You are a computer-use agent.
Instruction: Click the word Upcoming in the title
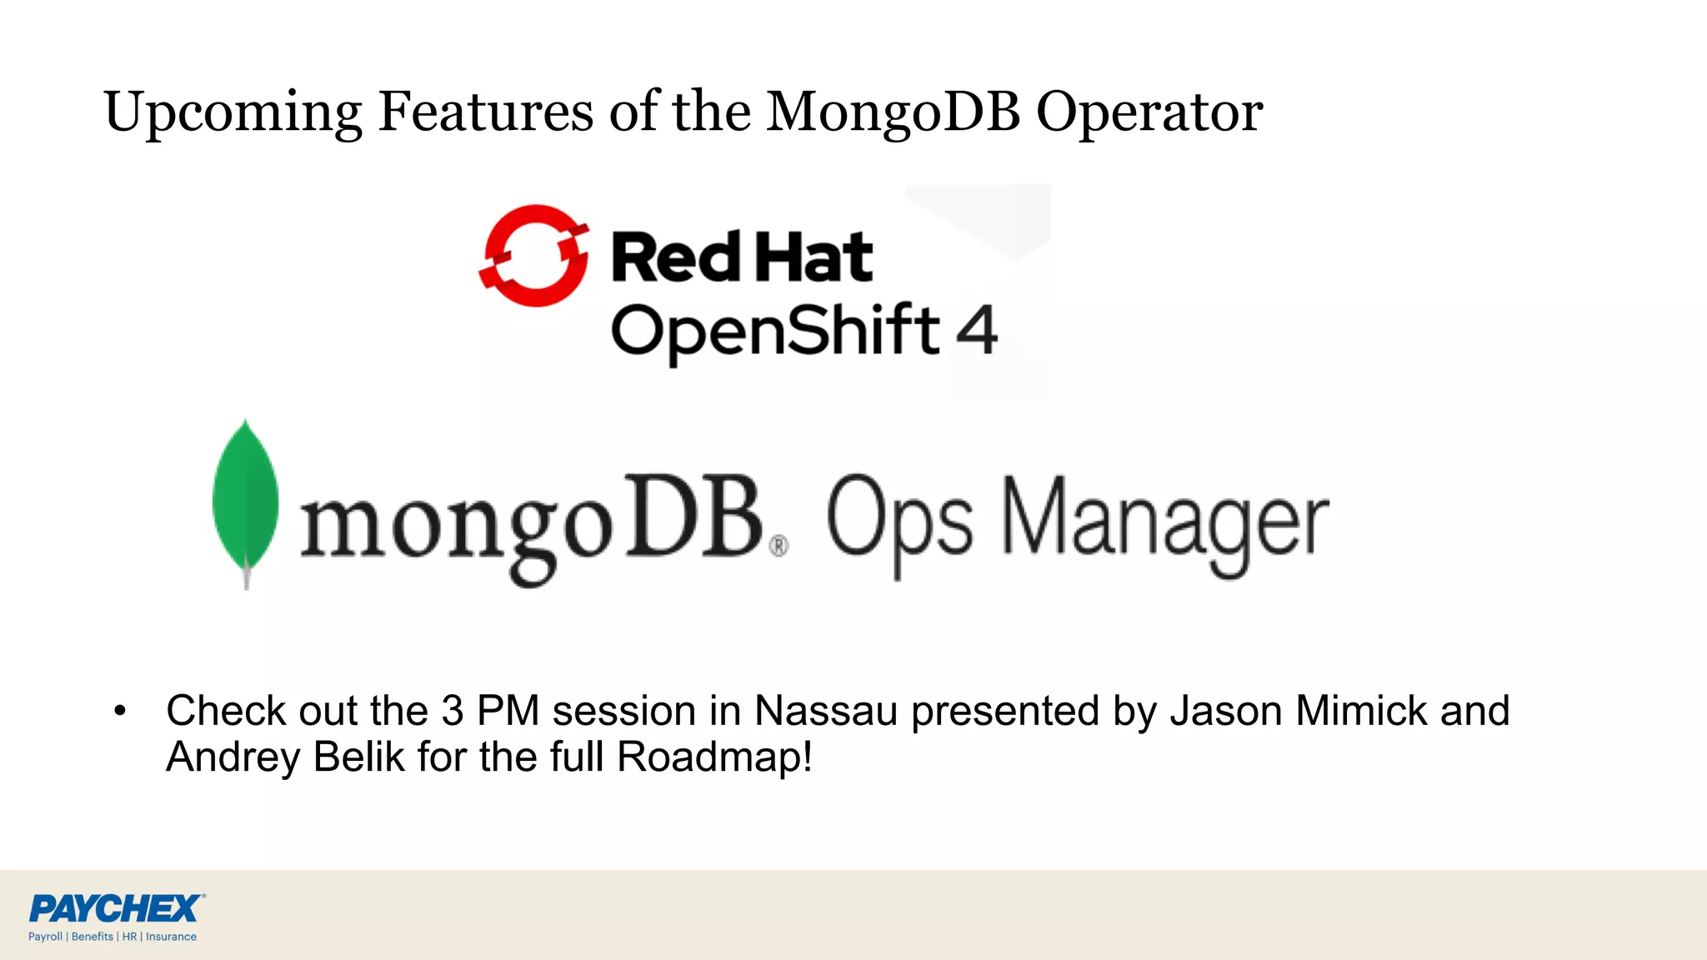pos(233,112)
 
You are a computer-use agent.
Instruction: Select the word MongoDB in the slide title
pos(893,112)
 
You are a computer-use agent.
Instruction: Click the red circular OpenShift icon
pos(534,256)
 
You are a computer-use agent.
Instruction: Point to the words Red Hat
pos(742,257)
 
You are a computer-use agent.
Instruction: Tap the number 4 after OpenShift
pos(976,330)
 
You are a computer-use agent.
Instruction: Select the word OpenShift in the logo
pos(775,332)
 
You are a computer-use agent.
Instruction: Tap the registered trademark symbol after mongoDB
pos(778,547)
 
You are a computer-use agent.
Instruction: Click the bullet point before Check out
pos(120,711)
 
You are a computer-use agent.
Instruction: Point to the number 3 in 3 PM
pos(452,711)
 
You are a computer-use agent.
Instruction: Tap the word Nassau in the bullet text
pos(825,711)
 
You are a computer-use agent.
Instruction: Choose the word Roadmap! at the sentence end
pos(714,757)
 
